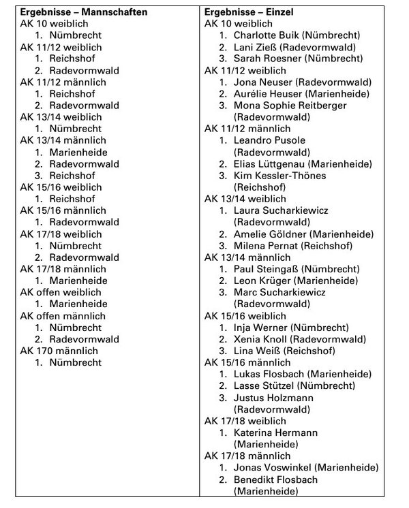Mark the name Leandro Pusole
(x=269, y=140)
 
